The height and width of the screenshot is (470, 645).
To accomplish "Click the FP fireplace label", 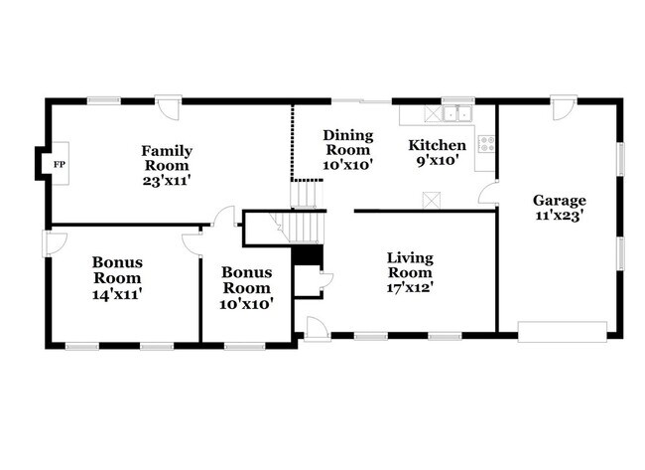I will (59, 164).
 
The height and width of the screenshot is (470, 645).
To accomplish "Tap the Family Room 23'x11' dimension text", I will (168, 182).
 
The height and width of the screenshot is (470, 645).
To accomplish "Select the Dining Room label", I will (347, 142).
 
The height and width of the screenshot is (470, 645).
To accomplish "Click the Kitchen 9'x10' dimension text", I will (438, 161).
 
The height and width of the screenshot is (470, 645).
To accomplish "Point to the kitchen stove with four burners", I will (486, 144).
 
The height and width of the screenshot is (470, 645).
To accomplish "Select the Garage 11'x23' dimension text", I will (560, 215).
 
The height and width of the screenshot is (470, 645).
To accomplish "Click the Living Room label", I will (410, 265).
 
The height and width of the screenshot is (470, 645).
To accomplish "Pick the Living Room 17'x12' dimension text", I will (410, 288).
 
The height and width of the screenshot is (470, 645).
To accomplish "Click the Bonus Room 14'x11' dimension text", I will (117, 294).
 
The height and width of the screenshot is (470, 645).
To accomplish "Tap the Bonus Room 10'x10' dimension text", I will (247, 302).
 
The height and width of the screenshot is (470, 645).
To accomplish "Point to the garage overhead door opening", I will (562, 330).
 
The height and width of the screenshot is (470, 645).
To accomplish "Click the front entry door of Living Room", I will (317, 330).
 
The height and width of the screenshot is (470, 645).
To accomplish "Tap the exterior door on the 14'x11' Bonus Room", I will (54, 241).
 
